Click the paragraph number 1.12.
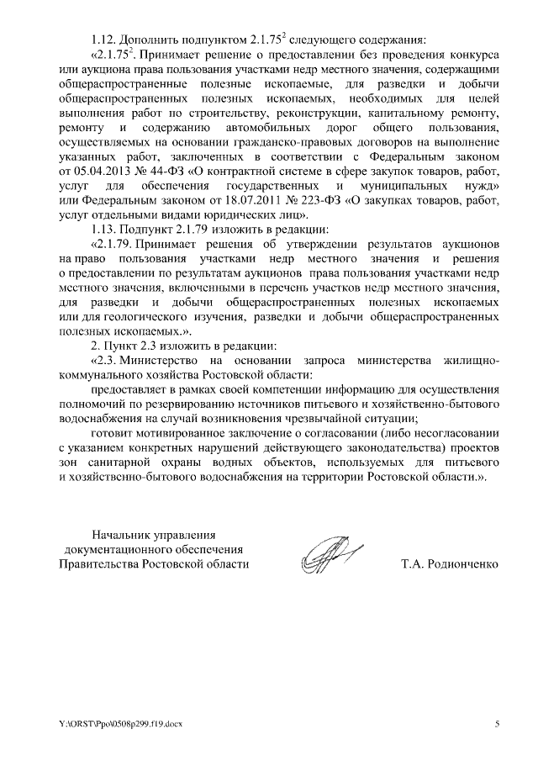[x=104, y=40]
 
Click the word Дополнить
[x=149, y=40]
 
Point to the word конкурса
[x=471, y=54]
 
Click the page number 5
[x=497, y=724]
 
